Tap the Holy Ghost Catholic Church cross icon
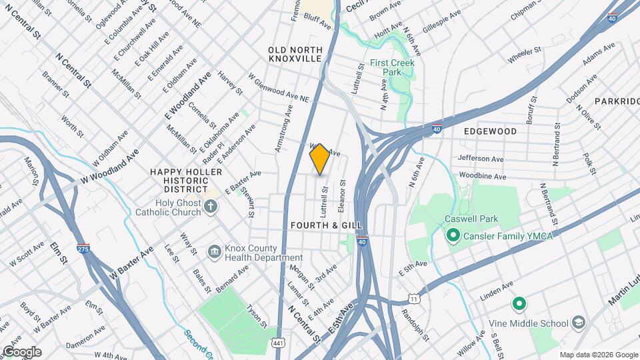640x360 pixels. click(211, 206)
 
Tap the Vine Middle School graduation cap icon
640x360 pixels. click(579, 323)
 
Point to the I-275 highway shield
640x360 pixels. click(83, 248)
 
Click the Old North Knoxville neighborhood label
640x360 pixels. click(295, 55)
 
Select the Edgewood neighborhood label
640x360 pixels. click(491, 131)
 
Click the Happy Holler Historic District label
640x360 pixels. click(176, 177)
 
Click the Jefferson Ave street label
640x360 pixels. click(481, 158)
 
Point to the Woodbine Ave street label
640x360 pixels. click(483, 176)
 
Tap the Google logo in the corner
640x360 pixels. click(21, 352)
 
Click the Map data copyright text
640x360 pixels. click(597, 355)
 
